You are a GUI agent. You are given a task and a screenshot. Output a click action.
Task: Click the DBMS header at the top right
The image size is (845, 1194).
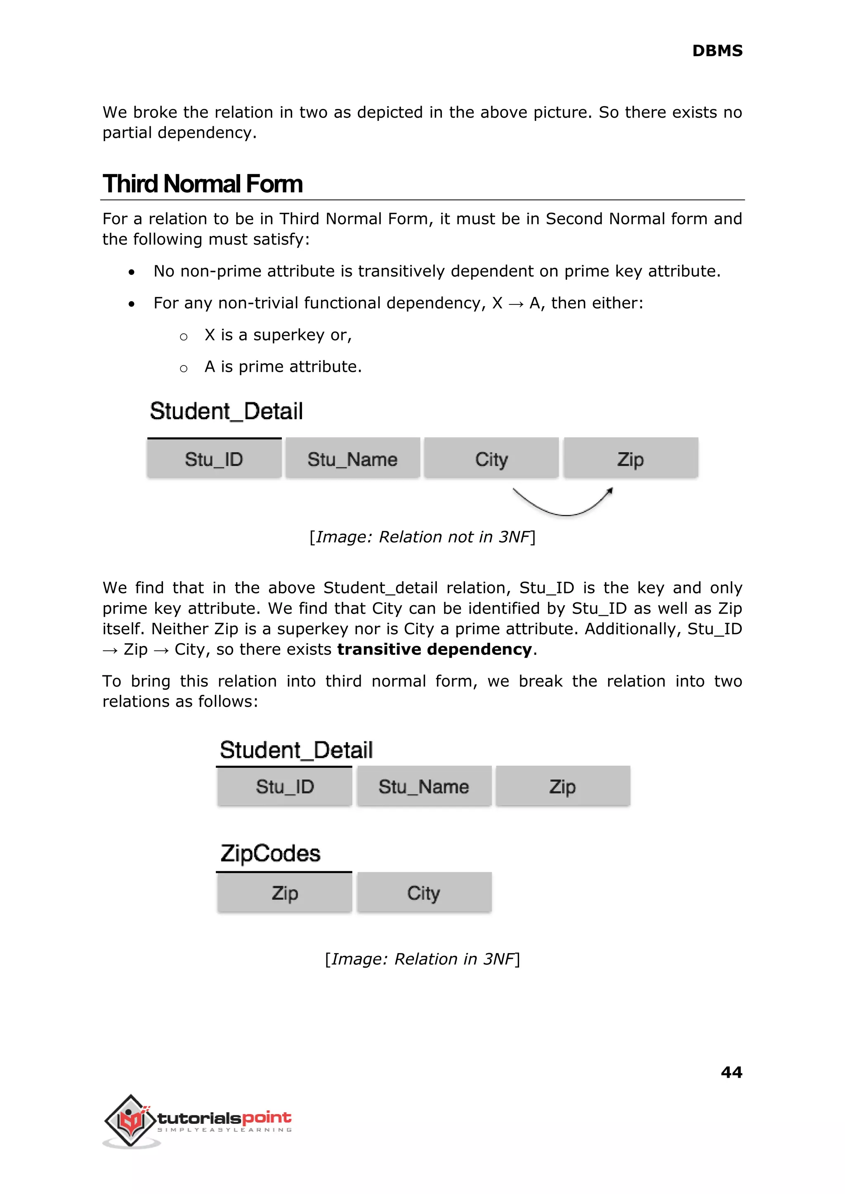coord(717,51)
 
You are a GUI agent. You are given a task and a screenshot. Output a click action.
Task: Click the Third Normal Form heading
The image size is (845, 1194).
coord(203,184)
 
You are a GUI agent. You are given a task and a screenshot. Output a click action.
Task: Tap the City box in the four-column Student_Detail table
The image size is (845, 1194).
coord(491,458)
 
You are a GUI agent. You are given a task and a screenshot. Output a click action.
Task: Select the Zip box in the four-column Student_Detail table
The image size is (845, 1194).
coord(630,458)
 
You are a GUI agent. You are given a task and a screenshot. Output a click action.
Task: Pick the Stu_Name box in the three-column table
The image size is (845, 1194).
coord(424,786)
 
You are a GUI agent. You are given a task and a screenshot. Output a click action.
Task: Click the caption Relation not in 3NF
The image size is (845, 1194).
coord(422,537)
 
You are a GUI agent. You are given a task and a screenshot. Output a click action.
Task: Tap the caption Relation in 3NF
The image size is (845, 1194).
coord(422,959)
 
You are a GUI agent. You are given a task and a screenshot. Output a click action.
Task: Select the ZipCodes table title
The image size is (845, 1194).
coord(270,854)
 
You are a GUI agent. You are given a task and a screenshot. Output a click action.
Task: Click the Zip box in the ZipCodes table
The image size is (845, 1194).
coord(285,893)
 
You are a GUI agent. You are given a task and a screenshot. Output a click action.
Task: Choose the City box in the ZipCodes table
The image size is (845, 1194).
coord(424,893)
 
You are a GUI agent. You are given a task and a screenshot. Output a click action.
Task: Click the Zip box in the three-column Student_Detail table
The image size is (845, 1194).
coord(562,786)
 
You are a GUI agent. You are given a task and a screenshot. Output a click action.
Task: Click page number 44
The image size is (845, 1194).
coord(731,1072)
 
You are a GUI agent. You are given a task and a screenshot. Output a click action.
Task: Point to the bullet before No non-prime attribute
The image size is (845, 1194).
coord(132,272)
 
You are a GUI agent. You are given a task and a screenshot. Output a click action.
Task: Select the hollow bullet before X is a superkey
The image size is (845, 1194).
coord(183,337)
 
